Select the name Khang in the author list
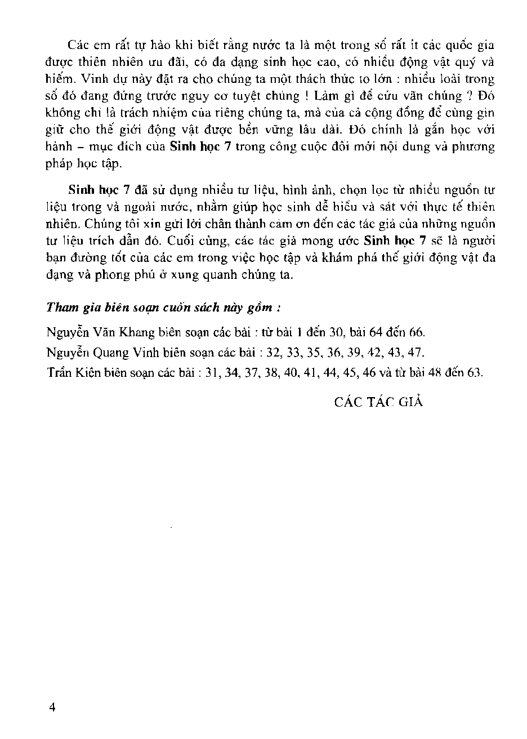click(x=126, y=331)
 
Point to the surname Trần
click(x=60, y=374)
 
